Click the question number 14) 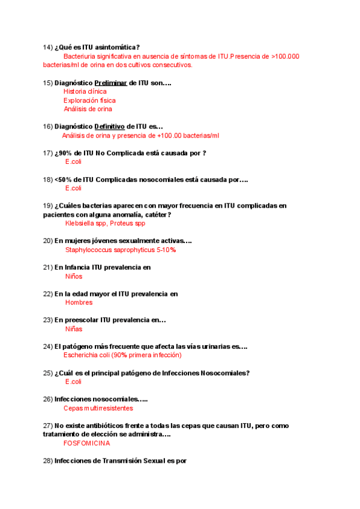click(x=48, y=47)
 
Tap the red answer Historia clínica click(x=85, y=91)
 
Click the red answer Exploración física click(x=89, y=100)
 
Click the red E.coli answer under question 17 click(x=73, y=162)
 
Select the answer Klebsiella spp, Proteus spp click(x=105, y=223)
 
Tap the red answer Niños click(x=74, y=276)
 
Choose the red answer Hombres click(x=79, y=303)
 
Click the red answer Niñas click(x=74, y=329)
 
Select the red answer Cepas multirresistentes click(x=98, y=408)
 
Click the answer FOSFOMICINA click(x=86, y=444)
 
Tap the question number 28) click(x=48, y=461)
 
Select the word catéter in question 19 click(x=156, y=215)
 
